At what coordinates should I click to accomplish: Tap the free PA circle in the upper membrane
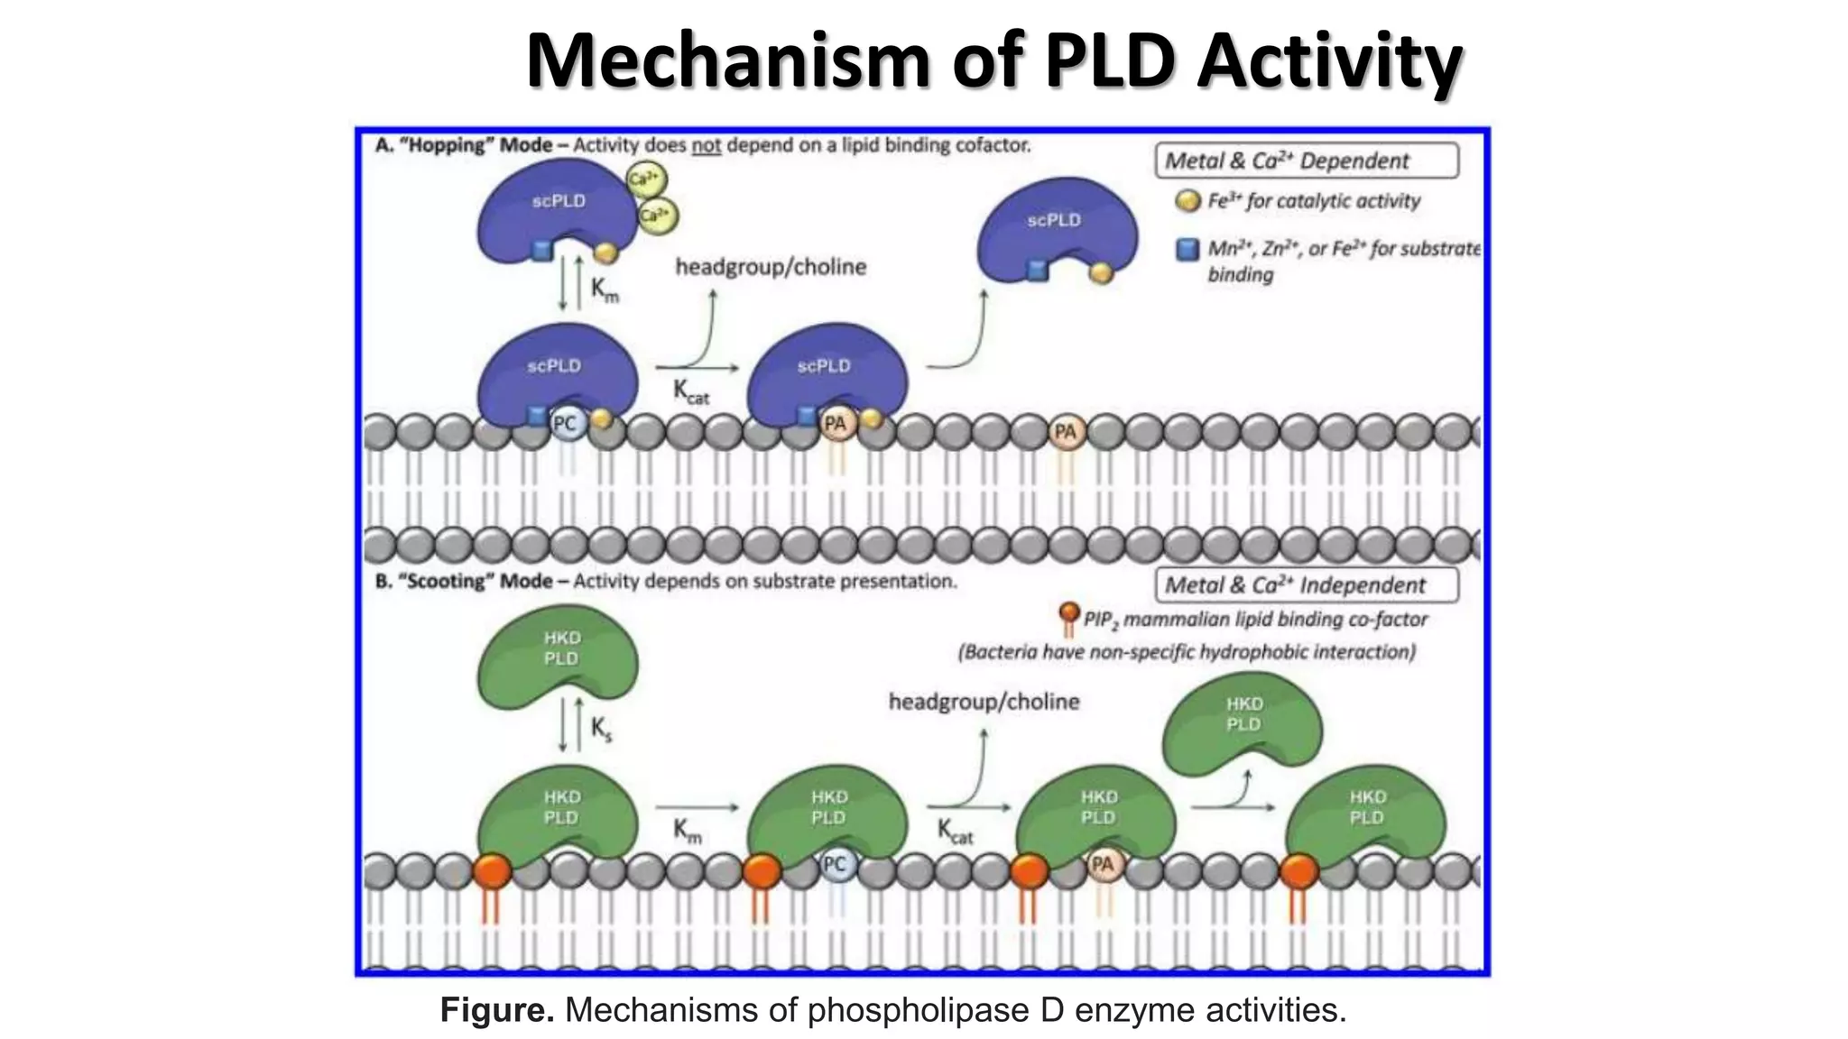(x=1065, y=432)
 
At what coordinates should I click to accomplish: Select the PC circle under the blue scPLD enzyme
(x=565, y=424)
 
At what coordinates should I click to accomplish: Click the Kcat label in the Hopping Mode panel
(x=691, y=391)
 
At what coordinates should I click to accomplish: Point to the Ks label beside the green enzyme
(x=601, y=729)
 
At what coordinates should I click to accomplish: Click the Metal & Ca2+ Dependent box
(x=1306, y=161)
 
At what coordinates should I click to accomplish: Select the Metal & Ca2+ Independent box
(x=1306, y=584)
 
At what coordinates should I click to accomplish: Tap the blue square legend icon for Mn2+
(x=1187, y=250)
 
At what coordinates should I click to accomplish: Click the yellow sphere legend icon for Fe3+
(x=1187, y=200)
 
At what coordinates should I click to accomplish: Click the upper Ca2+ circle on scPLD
(x=646, y=180)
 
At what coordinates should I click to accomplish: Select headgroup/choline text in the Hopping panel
(x=771, y=267)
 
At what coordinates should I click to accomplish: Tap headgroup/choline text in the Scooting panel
(x=984, y=702)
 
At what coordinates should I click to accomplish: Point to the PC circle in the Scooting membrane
(x=835, y=864)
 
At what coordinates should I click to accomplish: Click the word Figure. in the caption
(x=496, y=1010)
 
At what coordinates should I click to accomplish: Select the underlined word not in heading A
(x=706, y=145)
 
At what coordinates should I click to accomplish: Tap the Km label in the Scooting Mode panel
(x=688, y=830)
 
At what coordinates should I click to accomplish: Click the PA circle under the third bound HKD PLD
(x=1102, y=864)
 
